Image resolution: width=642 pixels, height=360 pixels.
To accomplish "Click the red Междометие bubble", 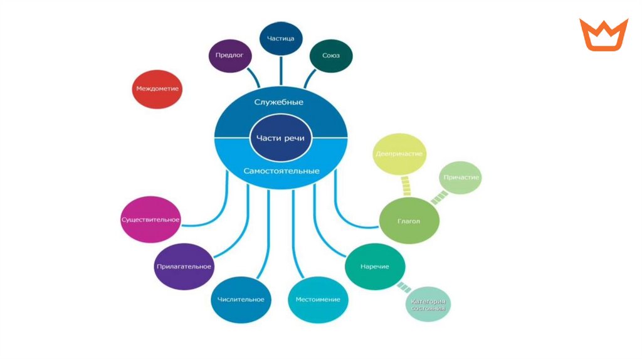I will point(157,89).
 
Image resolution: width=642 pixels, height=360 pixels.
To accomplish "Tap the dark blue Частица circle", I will point(281,39).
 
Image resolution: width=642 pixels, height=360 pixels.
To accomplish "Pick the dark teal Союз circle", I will point(331,56).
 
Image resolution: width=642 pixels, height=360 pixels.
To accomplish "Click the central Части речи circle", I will point(280,139).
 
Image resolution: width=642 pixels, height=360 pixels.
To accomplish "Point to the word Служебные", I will point(279,102).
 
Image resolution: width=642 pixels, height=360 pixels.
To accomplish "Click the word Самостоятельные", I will point(281,171).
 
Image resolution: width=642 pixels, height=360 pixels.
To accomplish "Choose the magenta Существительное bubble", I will point(150,220).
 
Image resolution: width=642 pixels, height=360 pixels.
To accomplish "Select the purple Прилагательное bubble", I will point(184,267).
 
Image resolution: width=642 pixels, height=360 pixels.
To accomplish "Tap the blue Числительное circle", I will point(241,299).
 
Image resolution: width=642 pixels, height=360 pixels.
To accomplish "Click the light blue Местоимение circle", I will point(318,299).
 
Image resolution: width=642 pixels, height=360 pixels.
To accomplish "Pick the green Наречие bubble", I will point(375,267).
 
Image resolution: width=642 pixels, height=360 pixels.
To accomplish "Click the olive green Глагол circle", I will point(409,221).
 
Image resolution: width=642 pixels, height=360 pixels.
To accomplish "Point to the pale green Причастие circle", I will point(461,177).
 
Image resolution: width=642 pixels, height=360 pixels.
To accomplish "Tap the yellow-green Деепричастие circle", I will point(399,154).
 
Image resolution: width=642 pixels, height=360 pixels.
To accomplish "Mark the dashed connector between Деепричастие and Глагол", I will point(405,186).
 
